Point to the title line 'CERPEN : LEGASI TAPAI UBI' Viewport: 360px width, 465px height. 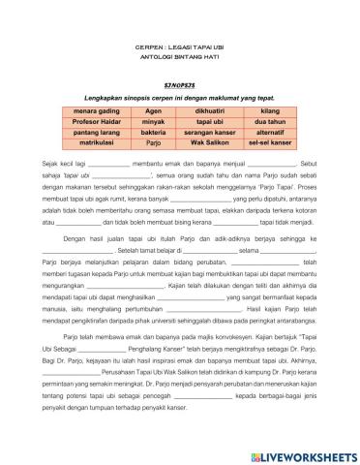click(179, 46)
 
